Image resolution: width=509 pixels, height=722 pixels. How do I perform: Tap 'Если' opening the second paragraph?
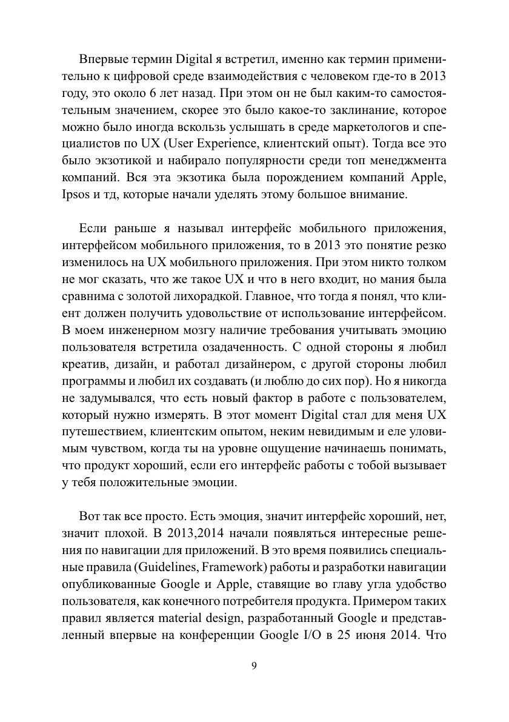tap(93, 229)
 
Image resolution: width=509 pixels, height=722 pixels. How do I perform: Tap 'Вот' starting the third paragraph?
tap(88, 500)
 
